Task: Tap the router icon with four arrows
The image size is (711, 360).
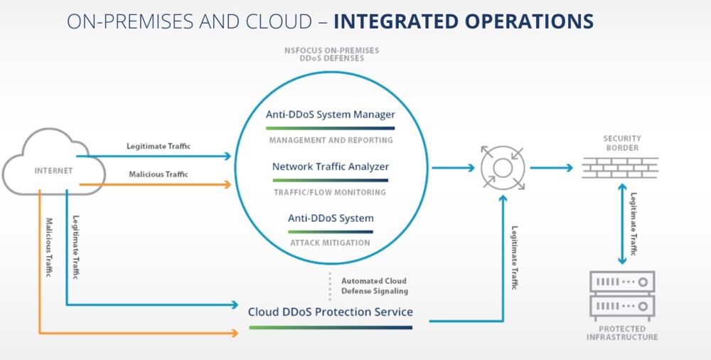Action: [501, 168]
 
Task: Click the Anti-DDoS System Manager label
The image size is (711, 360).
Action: [331, 114]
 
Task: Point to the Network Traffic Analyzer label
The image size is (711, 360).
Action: [331, 166]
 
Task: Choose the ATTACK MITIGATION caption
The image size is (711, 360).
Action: [331, 243]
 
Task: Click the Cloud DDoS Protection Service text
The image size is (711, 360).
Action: [331, 312]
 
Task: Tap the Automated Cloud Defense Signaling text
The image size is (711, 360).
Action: [374, 286]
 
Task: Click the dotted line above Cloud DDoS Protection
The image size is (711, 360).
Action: [330, 285]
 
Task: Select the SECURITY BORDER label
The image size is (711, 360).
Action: [621, 143]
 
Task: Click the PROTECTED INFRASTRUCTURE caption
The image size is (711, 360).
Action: [622, 333]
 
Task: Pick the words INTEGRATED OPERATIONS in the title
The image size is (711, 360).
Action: [463, 21]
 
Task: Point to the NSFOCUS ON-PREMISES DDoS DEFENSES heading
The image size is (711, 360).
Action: [331, 54]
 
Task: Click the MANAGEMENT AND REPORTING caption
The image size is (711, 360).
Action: [331, 140]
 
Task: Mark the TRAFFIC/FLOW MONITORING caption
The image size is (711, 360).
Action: [331, 192]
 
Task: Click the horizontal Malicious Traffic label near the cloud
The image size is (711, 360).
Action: [159, 174]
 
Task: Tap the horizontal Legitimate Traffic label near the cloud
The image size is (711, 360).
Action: [159, 146]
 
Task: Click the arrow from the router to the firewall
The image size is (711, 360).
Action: [550, 168]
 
